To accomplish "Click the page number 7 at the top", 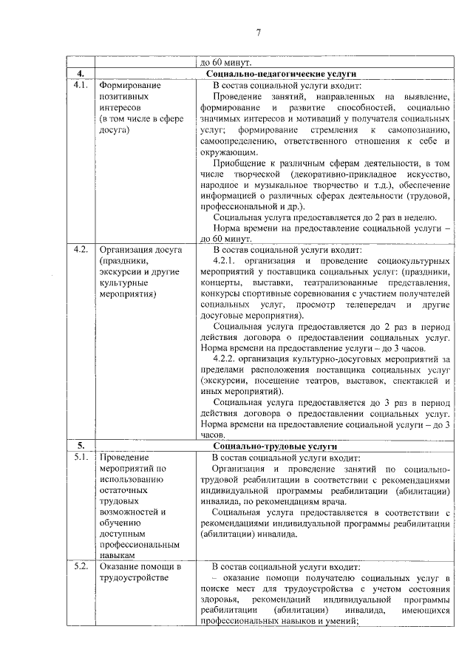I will pyautogui.click(x=259, y=33).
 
